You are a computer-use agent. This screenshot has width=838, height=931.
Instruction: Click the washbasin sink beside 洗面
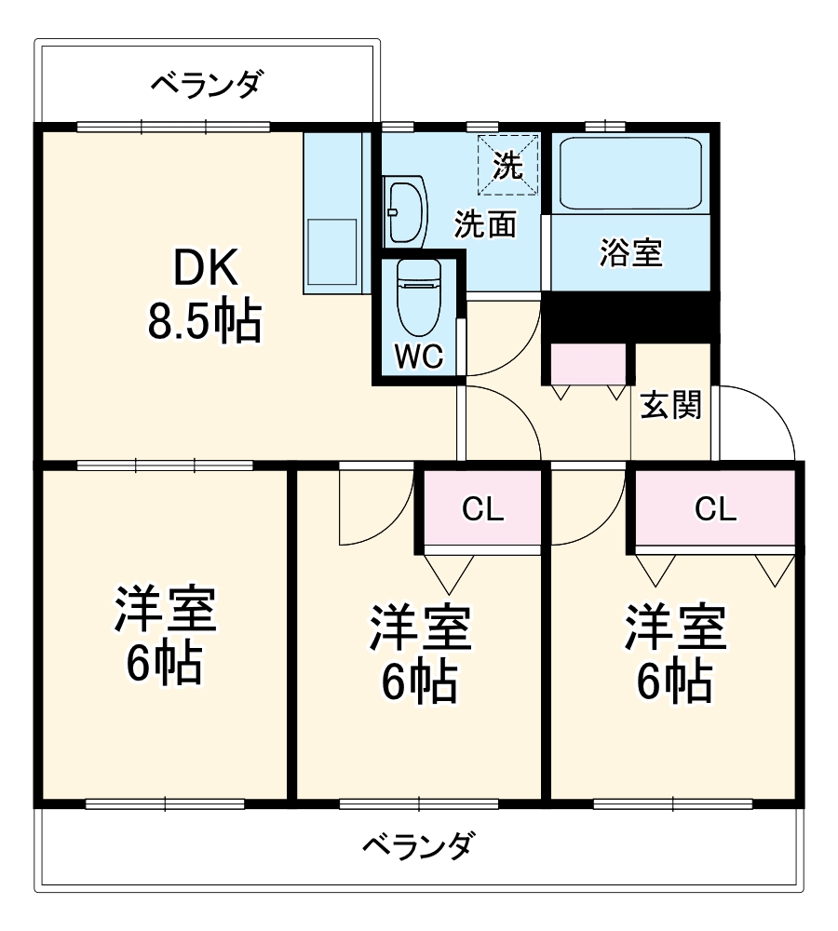(x=405, y=210)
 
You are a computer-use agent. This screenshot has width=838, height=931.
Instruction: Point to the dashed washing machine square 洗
(x=508, y=165)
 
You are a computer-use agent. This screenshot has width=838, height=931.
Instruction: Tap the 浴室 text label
(x=630, y=252)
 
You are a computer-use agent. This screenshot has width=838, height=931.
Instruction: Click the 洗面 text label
(x=485, y=224)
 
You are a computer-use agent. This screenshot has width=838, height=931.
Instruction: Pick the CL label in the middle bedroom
(x=483, y=509)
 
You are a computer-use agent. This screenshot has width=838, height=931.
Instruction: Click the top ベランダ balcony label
(x=208, y=85)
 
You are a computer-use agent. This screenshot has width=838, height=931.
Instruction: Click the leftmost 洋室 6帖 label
(x=164, y=637)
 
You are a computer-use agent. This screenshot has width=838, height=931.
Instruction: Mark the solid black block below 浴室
(x=630, y=317)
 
